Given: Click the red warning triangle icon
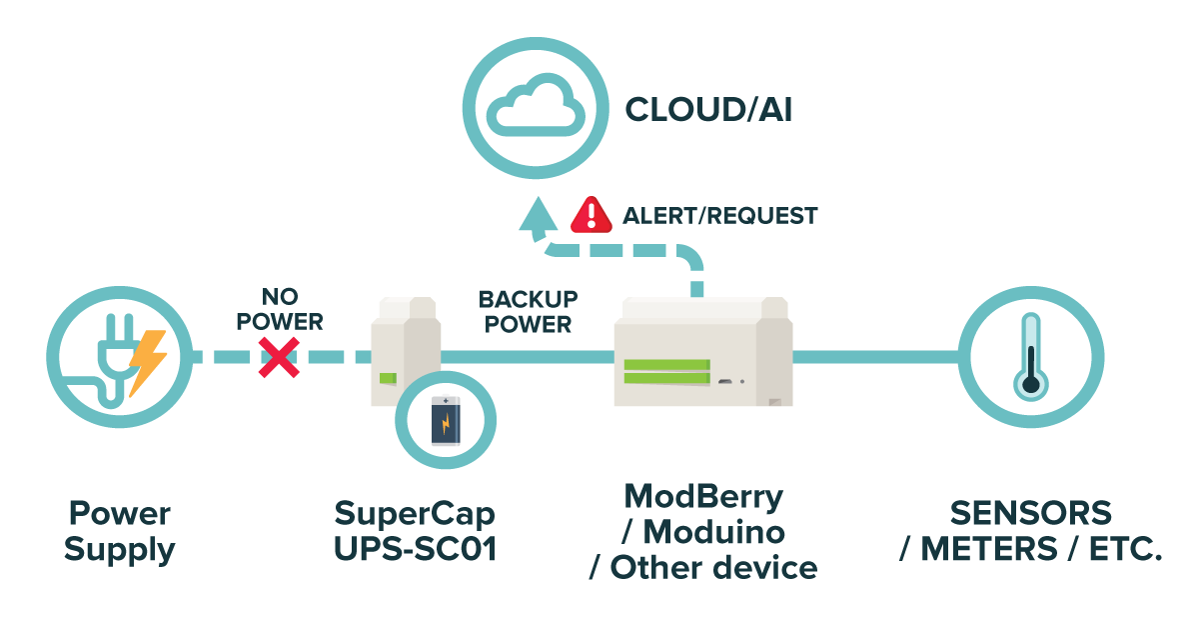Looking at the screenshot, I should (591, 213).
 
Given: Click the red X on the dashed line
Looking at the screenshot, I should (279, 357).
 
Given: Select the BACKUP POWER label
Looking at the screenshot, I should (528, 312).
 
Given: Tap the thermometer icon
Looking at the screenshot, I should (1030, 357).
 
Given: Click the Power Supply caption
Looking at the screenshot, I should (119, 532).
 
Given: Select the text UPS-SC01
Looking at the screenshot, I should (415, 549).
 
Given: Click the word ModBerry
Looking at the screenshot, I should (703, 496).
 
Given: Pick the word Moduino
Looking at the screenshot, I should (712, 531).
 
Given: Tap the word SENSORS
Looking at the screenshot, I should (1030, 514).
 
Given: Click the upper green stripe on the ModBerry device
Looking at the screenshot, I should (666, 364).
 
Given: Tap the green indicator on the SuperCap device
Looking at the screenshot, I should (388, 379).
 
